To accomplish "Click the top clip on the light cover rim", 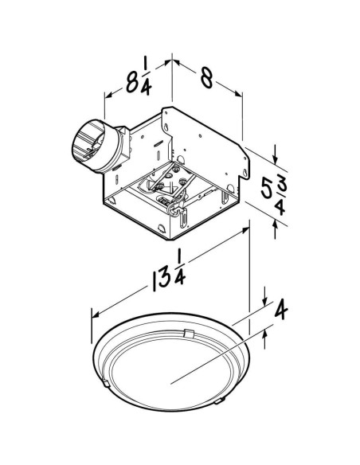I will [x=188, y=330].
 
